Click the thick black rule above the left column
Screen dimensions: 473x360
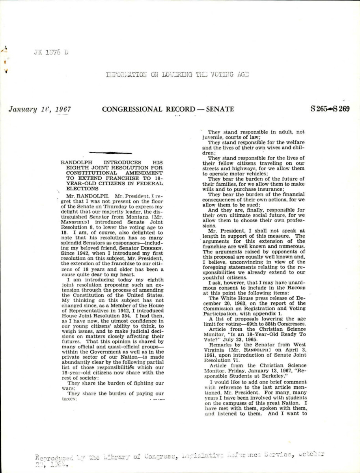click(110, 152)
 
